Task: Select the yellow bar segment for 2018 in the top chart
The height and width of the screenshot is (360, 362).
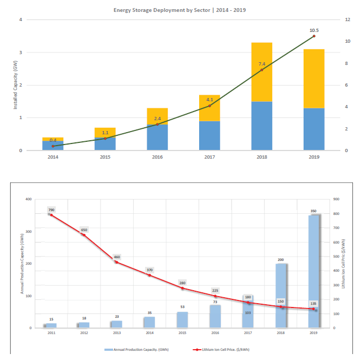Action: click(262, 72)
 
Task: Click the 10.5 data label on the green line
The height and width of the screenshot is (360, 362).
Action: click(314, 30)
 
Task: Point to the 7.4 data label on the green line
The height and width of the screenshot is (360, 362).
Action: click(262, 64)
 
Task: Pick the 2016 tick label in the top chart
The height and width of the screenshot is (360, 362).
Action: click(157, 157)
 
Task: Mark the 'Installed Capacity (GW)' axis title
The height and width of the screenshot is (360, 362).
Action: click(16, 85)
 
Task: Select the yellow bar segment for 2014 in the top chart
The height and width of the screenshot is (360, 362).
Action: click(52, 139)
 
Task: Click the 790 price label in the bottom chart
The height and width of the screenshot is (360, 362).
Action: click(51, 210)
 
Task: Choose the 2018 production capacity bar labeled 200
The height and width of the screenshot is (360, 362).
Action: click(281, 296)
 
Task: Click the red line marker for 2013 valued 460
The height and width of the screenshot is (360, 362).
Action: click(116, 262)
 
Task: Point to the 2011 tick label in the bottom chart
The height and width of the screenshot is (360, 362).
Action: click(51, 333)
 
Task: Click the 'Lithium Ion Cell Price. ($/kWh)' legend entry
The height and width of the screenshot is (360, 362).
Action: click(223, 349)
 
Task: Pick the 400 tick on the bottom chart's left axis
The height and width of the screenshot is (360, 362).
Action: click(29, 199)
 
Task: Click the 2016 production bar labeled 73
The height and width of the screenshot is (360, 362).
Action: click(215, 316)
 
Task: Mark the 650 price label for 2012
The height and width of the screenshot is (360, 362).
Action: click(84, 230)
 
